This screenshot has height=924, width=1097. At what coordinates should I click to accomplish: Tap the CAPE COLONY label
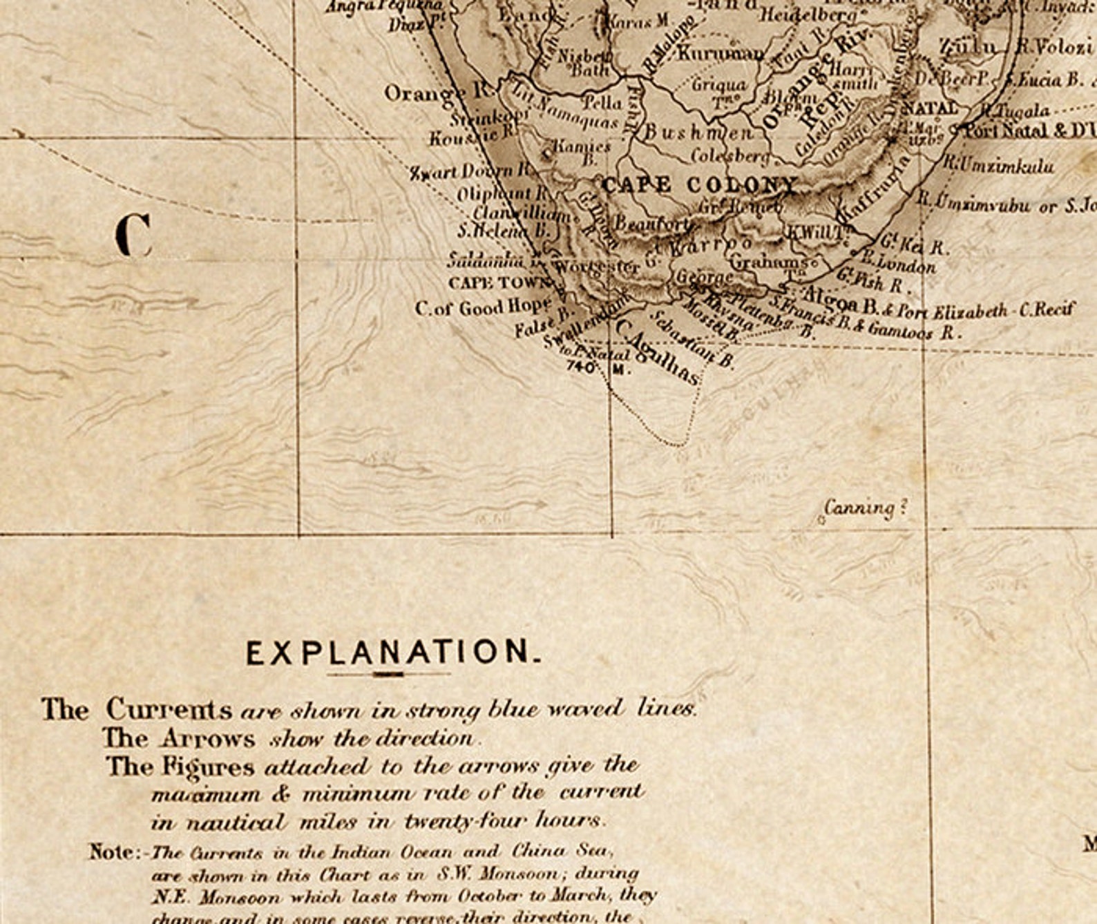click(x=699, y=185)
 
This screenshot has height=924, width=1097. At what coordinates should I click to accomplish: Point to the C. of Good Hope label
click(x=483, y=308)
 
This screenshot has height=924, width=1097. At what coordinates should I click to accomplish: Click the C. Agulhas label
click(x=657, y=353)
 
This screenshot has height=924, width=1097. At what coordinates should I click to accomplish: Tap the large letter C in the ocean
click(x=133, y=235)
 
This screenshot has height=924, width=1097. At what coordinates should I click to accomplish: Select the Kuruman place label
click(x=720, y=53)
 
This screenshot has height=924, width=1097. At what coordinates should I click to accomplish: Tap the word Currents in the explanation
click(x=169, y=709)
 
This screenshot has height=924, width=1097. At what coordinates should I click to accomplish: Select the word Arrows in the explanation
click(x=208, y=738)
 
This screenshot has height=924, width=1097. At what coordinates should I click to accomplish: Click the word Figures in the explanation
click(x=209, y=767)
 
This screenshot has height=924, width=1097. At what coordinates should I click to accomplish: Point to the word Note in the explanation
click(x=113, y=851)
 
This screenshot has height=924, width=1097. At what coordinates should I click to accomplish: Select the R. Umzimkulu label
click(x=999, y=166)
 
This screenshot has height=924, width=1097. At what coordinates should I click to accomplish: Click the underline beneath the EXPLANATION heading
click(x=388, y=674)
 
